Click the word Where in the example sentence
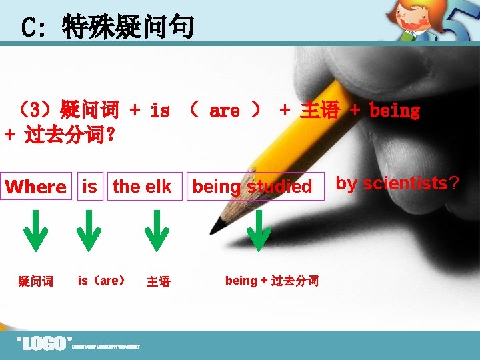coord(36,187)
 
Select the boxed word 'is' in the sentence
coord(90,187)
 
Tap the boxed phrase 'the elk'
coord(142,187)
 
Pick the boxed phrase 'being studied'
coord(252,187)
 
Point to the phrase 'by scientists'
coord(391,183)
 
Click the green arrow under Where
coord(35,230)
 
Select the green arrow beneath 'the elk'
coord(157,230)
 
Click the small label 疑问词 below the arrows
coord(36,282)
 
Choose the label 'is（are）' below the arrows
coord(102,281)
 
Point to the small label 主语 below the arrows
coord(158,282)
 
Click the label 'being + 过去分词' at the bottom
coord(272,281)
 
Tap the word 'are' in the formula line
coord(224,111)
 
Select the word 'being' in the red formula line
coord(395,111)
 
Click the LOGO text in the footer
coord(43,344)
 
